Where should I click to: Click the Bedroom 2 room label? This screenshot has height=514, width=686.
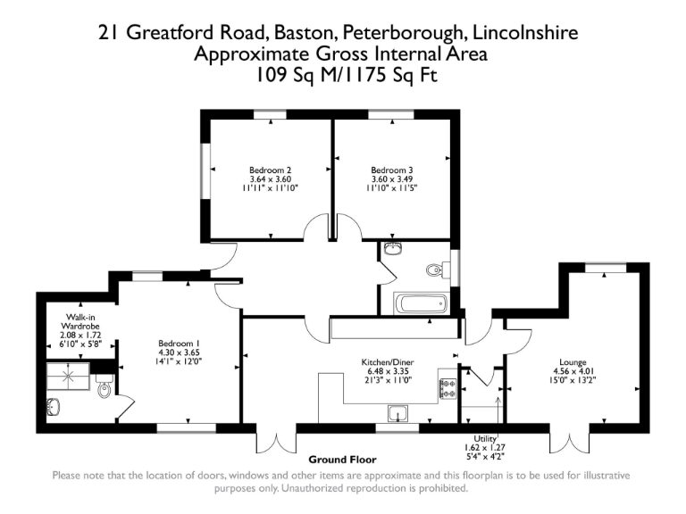[270, 170]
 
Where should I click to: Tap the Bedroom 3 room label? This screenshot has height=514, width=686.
[392, 170]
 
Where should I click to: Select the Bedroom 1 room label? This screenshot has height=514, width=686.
[180, 343]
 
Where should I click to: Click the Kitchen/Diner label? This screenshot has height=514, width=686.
[386, 361]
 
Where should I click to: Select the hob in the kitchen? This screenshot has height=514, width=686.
[448, 387]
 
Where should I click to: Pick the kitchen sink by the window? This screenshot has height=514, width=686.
[398, 413]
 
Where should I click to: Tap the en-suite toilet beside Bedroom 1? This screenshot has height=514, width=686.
[104, 389]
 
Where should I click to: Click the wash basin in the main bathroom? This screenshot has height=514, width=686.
[392, 249]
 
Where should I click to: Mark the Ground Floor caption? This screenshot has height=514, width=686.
[342, 459]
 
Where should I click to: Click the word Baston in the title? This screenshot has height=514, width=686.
[300, 34]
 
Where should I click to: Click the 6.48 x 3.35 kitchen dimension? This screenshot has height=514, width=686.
[386, 371]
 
